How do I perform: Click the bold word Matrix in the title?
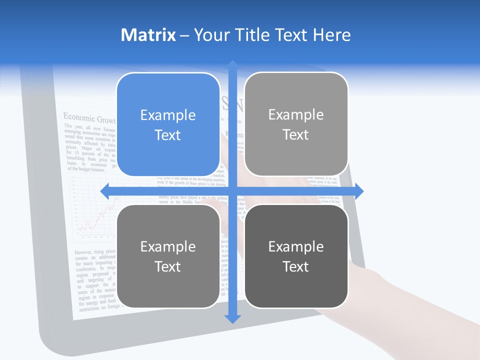click(x=148, y=35)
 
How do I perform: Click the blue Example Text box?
click(x=168, y=124)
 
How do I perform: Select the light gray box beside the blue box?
click(x=296, y=124)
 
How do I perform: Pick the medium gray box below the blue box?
click(x=168, y=256)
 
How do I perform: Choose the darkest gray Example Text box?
click(x=296, y=256)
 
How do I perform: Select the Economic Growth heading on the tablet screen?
click(x=89, y=118)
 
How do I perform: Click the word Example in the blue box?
click(x=168, y=115)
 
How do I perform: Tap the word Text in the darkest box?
click(x=296, y=266)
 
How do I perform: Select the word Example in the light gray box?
click(x=296, y=114)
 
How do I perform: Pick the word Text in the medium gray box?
click(x=168, y=266)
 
